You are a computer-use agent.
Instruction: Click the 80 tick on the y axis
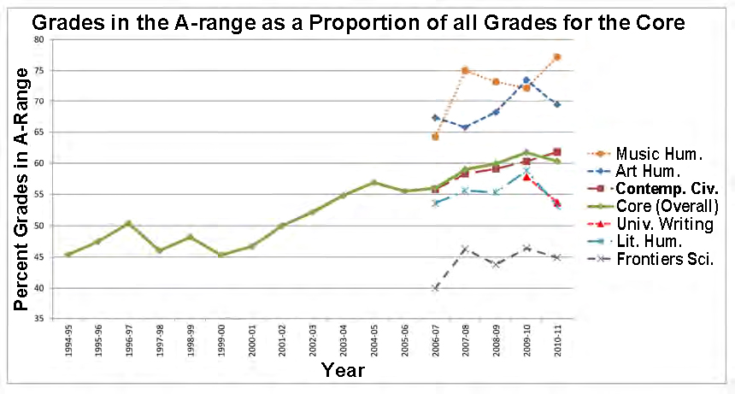(x=38, y=39)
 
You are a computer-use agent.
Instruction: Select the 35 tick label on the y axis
(x=38, y=319)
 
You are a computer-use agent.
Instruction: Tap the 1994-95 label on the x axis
(x=67, y=339)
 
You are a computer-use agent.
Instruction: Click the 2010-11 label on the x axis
(x=557, y=339)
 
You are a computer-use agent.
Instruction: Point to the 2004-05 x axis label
(x=373, y=339)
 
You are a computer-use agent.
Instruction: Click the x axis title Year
(x=344, y=370)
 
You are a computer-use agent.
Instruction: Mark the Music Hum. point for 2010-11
(x=557, y=57)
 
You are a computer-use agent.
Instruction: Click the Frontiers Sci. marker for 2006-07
(x=435, y=288)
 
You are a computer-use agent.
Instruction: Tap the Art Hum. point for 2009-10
(x=526, y=80)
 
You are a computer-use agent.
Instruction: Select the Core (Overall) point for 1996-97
(x=128, y=223)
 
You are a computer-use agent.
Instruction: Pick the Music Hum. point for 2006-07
(x=435, y=137)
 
